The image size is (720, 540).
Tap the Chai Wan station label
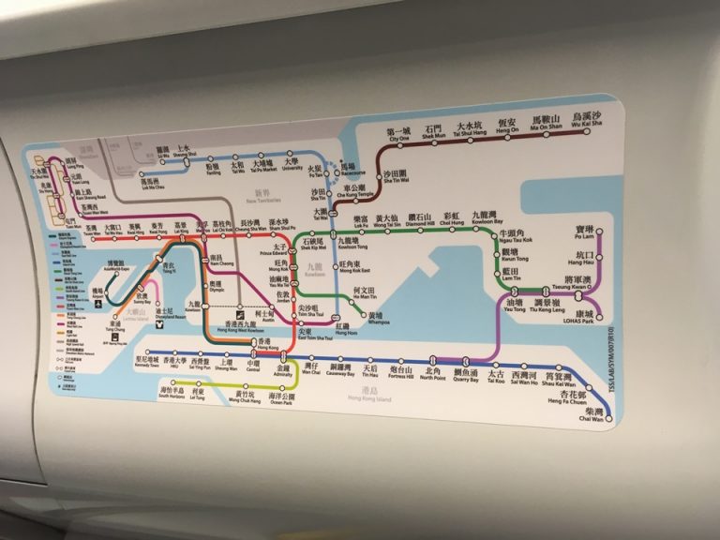[592, 414]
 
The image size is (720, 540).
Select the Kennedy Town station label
[151, 363]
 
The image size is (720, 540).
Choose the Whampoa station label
[375, 319]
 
